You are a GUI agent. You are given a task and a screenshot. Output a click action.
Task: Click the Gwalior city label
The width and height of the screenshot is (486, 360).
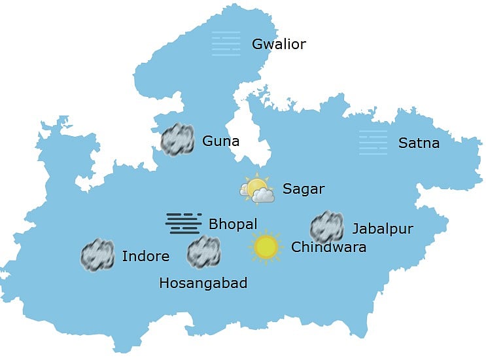click(x=279, y=45)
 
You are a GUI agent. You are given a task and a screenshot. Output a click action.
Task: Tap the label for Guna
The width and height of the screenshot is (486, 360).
click(x=220, y=141)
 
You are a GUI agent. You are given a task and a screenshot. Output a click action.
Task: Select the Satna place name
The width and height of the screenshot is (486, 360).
click(x=419, y=143)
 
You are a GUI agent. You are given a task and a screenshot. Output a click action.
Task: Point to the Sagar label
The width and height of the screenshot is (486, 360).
click(x=304, y=189)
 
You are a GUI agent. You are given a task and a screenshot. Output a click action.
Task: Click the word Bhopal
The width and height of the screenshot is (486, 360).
click(x=233, y=224)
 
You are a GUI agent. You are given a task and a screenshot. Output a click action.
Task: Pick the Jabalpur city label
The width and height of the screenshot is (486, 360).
click(x=383, y=228)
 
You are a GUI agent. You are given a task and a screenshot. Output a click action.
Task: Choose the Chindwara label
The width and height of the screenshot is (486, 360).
click(x=328, y=247)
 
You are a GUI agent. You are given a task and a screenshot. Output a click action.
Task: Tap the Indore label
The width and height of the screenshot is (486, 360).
click(x=145, y=256)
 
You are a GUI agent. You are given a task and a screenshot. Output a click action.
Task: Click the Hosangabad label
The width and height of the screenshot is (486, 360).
click(x=203, y=283)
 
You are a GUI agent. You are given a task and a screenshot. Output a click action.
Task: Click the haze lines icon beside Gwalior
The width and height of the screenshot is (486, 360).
click(x=226, y=44)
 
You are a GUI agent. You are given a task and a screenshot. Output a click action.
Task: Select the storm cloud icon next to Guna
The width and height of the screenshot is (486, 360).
click(x=177, y=139)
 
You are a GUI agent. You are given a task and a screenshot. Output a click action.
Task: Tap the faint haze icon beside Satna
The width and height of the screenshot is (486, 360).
click(x=373, y=143)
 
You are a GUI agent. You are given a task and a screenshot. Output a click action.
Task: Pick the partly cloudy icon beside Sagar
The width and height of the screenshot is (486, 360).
click(x=256, y=189)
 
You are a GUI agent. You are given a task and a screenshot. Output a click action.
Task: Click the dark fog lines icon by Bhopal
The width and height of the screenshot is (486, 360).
click(x=183, y=223)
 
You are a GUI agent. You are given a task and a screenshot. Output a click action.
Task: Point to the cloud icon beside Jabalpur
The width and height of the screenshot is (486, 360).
click(x=326, y=227)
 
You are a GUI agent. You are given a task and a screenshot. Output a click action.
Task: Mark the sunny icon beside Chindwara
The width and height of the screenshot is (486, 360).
click(x=266, y=247)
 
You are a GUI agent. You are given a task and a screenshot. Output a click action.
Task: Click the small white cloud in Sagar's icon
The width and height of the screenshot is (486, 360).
click(x=263, y=195)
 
